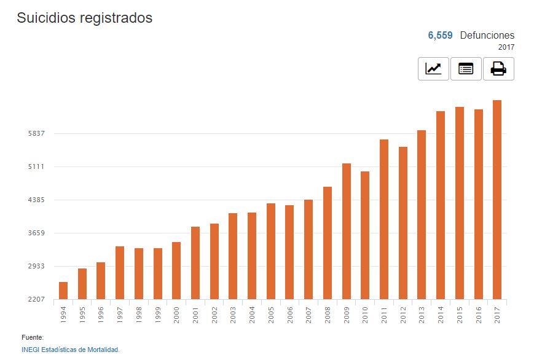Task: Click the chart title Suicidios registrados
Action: [84, 18]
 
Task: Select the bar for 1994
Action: [63, 291]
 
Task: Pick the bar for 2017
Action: [497, 200]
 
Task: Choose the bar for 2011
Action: [384, 219]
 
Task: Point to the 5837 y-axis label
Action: [46, 133]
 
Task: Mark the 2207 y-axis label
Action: [46, 299]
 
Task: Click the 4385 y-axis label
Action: [46, 200]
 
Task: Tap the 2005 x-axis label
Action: [271, 314]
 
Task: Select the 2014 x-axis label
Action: [441, 314]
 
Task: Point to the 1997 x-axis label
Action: [120, 314]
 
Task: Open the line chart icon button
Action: [433, 69]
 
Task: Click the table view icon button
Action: [466, 69]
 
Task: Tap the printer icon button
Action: [498, 69]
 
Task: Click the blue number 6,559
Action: [440, 36]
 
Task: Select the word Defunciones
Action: [487, 36]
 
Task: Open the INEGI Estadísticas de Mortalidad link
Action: [70, 350]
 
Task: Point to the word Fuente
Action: [33, 337]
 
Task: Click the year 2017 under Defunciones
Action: [506, 47]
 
